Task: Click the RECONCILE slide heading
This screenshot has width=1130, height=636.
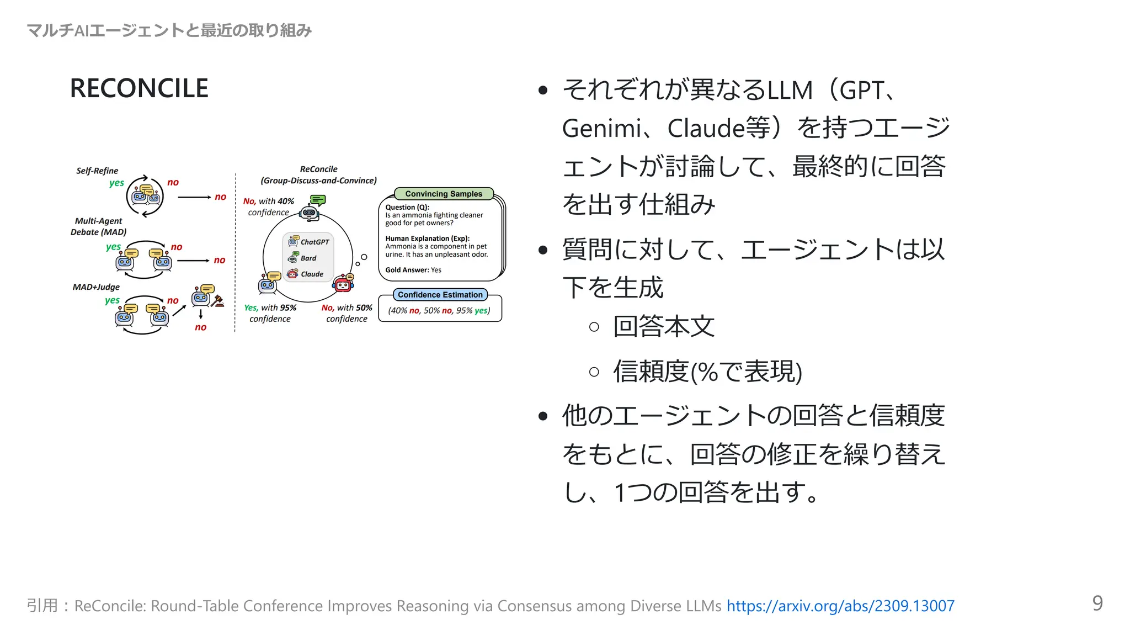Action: [139, 88]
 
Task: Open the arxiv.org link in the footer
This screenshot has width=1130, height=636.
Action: [840, 606]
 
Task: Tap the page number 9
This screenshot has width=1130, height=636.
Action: [1097, 603]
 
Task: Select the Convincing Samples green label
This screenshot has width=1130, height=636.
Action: [444, 194]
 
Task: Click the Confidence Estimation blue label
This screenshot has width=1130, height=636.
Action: [440, 295]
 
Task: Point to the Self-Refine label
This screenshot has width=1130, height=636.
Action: [97, 171]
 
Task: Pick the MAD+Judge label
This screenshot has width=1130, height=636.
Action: [96, 287]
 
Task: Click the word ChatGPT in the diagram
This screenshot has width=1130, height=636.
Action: [315, 242]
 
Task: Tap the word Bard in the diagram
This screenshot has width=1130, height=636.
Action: [308, 258]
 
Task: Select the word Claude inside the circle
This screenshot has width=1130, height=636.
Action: [312, 274]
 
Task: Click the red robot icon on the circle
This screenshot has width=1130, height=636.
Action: [343, 284]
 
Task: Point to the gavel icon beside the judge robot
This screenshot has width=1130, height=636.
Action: [218, 300]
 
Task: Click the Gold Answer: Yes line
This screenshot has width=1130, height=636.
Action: [413, 270]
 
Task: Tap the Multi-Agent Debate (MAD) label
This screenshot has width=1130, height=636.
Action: [99, 226]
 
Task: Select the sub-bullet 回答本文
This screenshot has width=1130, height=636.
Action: [664, 326]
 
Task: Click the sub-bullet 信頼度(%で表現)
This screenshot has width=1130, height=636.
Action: [707, 371]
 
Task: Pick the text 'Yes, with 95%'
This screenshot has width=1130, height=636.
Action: [270, 308]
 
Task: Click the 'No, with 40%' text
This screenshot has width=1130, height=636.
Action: [269, 201]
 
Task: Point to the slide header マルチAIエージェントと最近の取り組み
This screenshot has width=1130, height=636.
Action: [169, 30]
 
